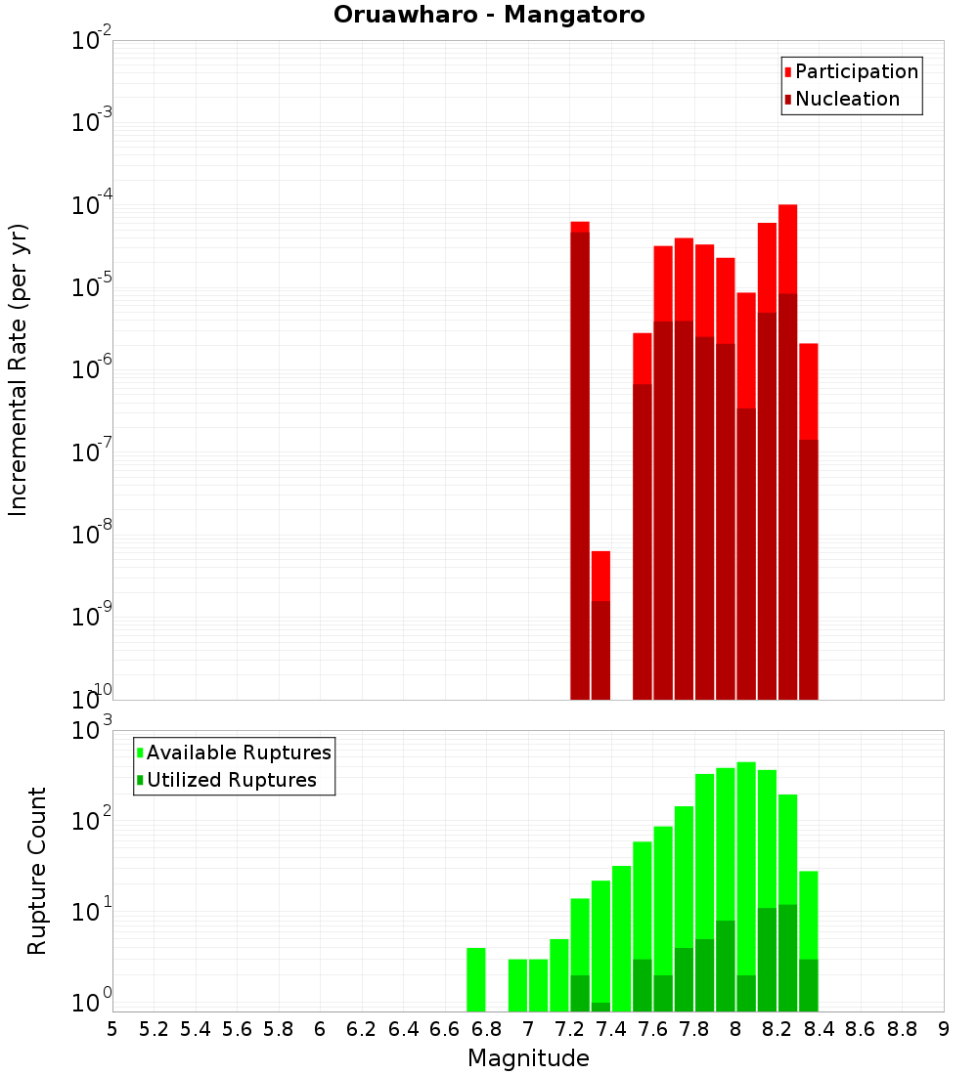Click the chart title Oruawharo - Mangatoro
tap(489, 16)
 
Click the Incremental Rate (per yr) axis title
tap(19, 369)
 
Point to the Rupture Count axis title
tap(37, 871)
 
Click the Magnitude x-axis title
tap(528, 1058)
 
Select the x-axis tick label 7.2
tap(569, 1028)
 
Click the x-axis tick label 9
tap(944, 1028)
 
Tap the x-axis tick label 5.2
tap(154, 1028)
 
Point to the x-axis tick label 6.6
tap(445, 1028)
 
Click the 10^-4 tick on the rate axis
tap(92, 206)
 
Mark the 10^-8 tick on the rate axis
tap(92, 536)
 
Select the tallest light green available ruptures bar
tap(746, 880)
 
